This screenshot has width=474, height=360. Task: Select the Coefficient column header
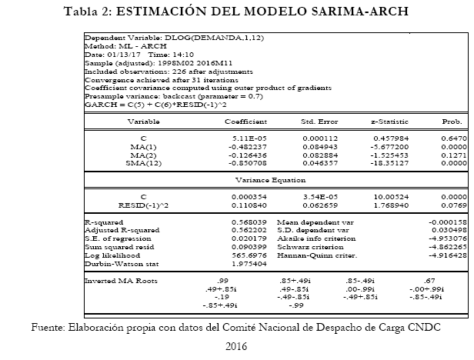[x=245, y=122]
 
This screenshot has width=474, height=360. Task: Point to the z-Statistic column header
[x=386, y=122]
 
